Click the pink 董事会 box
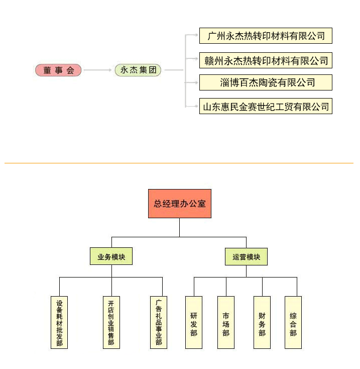[x=58, y=70]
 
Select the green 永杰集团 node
[x=138, y=70]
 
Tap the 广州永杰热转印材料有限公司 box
[x=266, y=36]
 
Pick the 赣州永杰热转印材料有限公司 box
[x=266, y=61]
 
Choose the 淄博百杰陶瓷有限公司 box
[x=266, y=82]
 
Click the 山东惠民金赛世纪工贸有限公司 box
[x=266, y=106]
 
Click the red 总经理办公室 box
[x=179, y=204]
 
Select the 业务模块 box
[x=111, y=256]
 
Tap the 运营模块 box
[x=246, y=256]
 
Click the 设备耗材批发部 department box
[x=59, y=322]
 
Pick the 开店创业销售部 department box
[x=111, y=322]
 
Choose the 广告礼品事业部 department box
[x=159, y=322]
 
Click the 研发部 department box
[x=194, y=322]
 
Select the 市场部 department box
[x=226, y=322]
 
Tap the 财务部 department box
[x=262, y=322]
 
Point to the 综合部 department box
[x=293, y=322]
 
